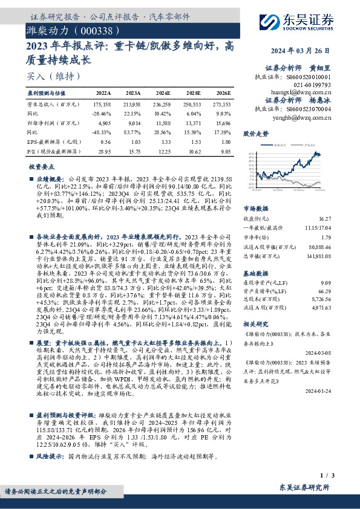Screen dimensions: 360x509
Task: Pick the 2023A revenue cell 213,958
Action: tap(133, 104)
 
